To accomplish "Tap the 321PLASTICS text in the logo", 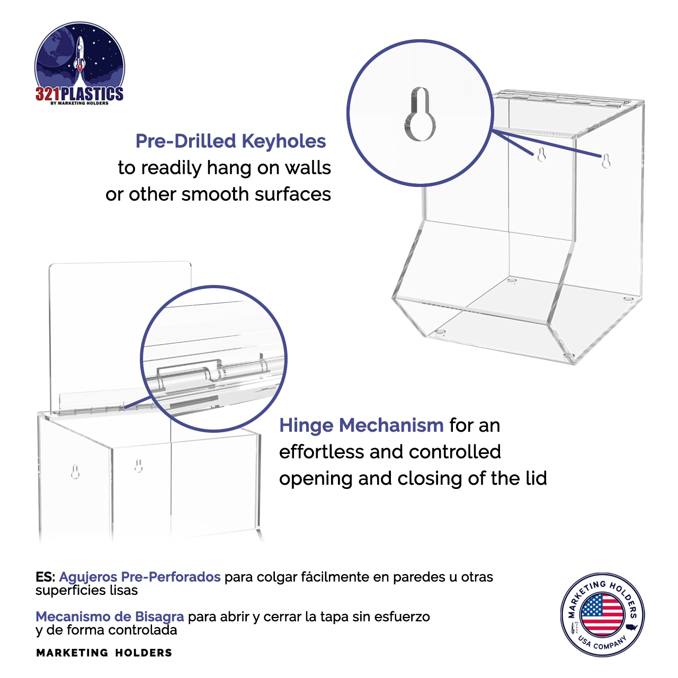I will (79, 94).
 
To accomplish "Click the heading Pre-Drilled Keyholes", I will (230, 141).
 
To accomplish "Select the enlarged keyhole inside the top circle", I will (420, 114).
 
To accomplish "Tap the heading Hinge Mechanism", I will (361, 425).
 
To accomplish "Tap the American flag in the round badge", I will (602, 615).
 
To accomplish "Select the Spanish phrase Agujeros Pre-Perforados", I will (140, 577).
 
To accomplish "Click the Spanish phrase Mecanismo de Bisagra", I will (110, 617).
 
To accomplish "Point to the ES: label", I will (45, 577).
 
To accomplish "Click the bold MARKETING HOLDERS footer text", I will (104, 653).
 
